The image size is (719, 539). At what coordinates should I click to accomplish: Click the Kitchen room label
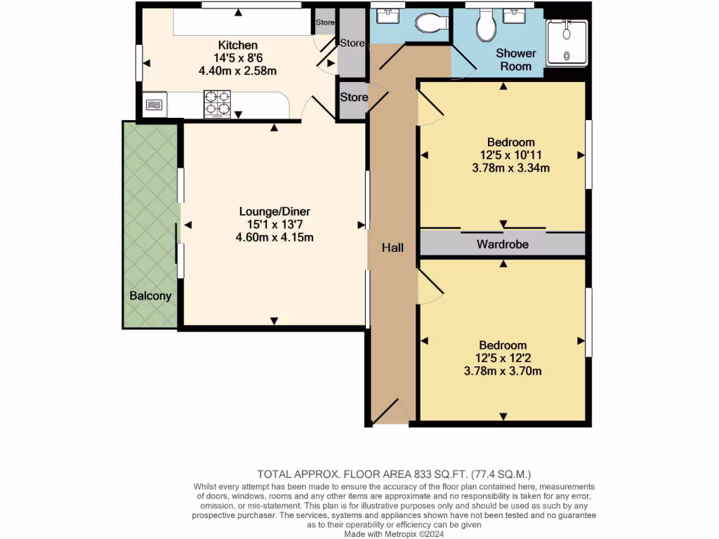237,45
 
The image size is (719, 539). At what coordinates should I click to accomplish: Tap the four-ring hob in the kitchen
218,103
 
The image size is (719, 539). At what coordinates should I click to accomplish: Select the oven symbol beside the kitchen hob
155,105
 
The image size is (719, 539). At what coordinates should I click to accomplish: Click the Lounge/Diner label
275,211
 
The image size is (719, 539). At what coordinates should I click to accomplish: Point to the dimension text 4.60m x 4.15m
275,237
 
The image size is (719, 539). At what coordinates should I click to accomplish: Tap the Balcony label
150,295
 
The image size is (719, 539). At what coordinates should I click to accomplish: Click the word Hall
393,248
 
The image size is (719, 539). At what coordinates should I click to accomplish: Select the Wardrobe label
502,244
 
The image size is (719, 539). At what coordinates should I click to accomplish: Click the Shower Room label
516,60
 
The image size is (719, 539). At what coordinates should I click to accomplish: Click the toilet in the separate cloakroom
431,24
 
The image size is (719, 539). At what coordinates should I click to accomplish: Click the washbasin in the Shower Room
520,15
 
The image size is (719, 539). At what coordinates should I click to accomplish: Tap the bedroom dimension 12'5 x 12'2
503,358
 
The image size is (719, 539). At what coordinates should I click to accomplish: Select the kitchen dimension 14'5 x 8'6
237,58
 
